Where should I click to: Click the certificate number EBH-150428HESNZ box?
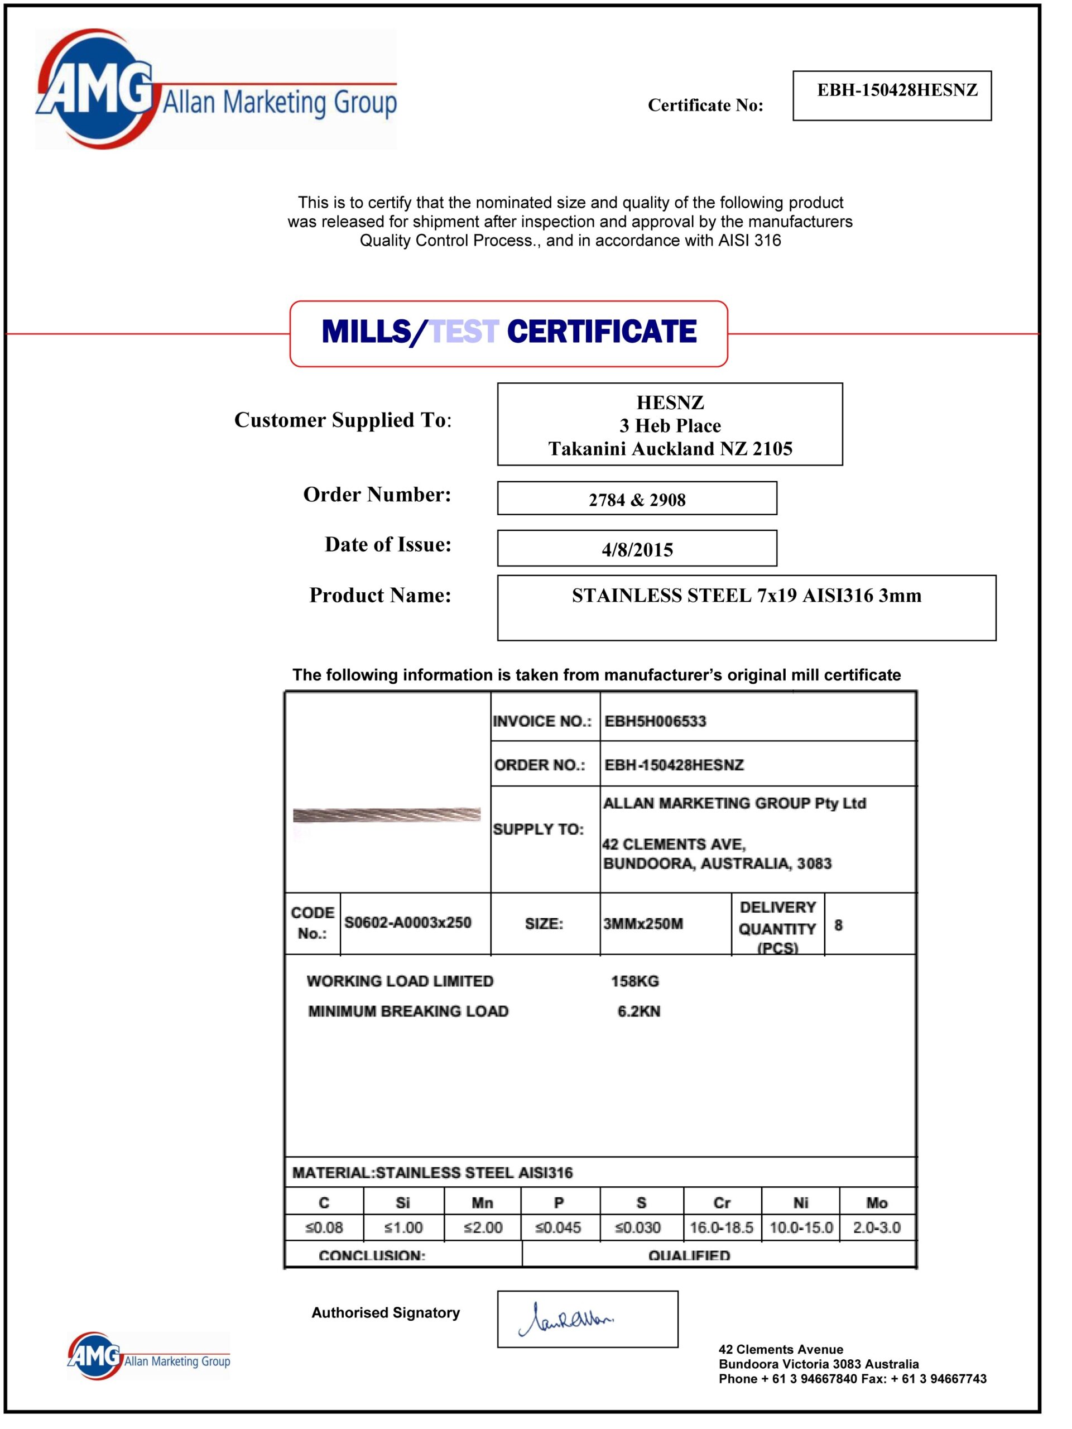coord(891,95)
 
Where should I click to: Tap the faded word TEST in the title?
coord(464,332)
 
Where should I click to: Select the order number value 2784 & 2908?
coord(637,500)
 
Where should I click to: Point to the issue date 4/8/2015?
coord(637,550)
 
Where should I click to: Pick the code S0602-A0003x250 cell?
coord(407,923)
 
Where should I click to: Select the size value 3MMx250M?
coord(642,924)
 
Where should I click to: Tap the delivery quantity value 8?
coord(838,925)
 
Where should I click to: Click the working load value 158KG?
coord(635,981)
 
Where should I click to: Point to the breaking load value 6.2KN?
coord(638,1011)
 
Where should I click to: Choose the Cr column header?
coord(722,1202)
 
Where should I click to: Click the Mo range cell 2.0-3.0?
coord(876,1227)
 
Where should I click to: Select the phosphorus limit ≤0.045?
coord(558,1227)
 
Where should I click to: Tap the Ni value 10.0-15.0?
coord(801,1227)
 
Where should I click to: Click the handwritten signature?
coord(566,1320)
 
